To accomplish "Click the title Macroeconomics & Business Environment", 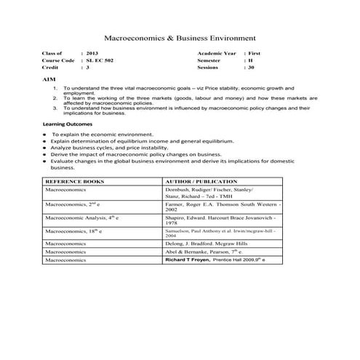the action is [180, 36].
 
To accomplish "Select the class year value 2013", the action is [92, 54].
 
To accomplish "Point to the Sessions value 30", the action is [252, 67].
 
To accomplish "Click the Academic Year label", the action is [217, 54].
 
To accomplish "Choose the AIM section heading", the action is [49, 77].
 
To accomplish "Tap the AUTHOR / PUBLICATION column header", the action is [201, 180].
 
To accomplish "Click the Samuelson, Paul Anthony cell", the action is [218, 232].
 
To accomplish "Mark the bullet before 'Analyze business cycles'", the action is [45, 148].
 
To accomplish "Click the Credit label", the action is [52, 67].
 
